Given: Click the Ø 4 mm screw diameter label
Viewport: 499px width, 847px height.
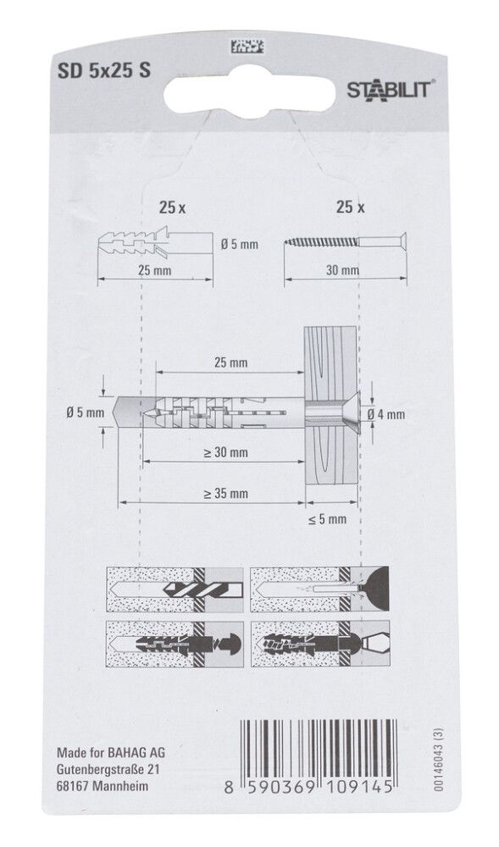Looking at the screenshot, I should (387, 414).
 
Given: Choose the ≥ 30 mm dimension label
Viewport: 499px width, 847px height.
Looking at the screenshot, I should (225, 453).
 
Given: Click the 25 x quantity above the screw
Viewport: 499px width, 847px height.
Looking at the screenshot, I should (350, 206).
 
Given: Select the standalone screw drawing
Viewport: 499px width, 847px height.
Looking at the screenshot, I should (345, 241).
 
